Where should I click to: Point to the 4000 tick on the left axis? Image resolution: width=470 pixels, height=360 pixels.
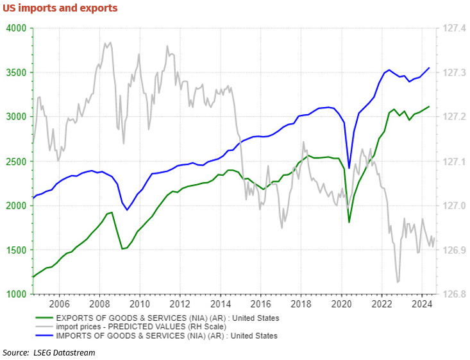[x=15, y=28]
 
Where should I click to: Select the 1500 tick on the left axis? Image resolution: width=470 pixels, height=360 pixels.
[x=15, y=250]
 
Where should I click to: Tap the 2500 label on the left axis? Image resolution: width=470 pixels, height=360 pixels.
[x=15, y=161]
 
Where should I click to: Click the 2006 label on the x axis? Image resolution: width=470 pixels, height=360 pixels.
[x=59, y=304]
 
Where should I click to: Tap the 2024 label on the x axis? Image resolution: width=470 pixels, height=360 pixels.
[x=422, y=304]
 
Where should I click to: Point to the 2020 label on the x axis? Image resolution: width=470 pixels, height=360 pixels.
[x=341, y=304]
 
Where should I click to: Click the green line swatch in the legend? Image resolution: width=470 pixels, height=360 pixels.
[x=44, y=317]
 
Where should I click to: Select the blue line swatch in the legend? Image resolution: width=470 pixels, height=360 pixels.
[x=44, y=335]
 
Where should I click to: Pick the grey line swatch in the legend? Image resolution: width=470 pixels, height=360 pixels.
[x=44, y=326]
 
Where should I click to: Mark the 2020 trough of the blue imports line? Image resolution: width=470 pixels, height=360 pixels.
[x=349, y=167]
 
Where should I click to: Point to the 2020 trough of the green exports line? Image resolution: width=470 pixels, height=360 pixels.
[x=349, y=223]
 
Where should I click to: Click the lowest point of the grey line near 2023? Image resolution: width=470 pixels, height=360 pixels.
[x=398, y=282]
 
